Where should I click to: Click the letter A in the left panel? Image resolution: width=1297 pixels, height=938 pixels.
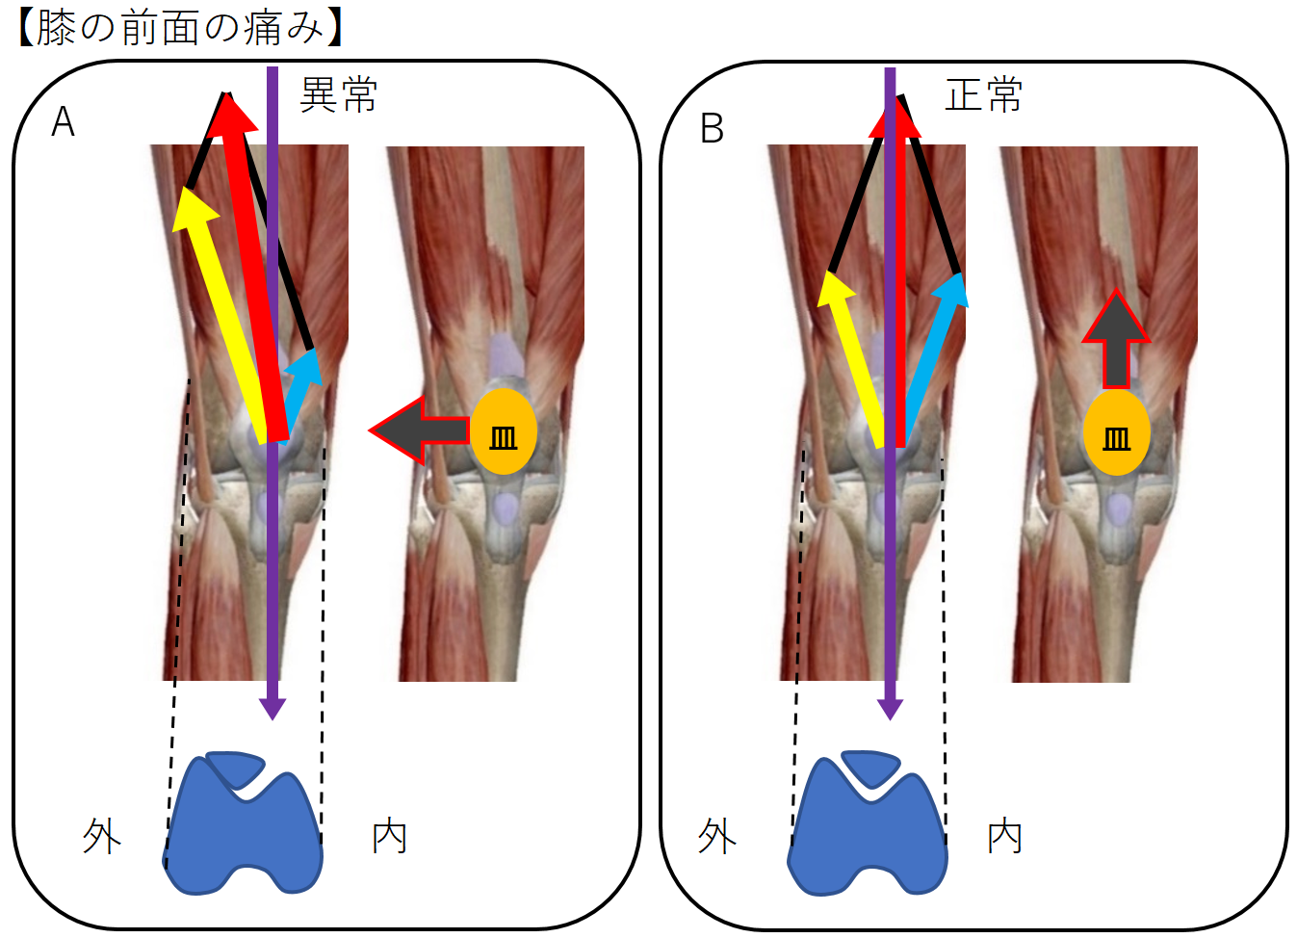click(x=63, y=122)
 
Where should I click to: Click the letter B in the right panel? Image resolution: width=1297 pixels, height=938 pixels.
click(x=712, y=128)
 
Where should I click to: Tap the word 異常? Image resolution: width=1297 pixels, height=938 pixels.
click(x=338, y=95)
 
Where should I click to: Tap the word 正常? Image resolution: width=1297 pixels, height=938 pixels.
click(x=983, y=95)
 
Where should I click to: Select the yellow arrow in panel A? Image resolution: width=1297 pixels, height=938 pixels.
click(x=220, y=308)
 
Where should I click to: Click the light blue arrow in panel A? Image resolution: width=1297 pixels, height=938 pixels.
click(x=301, y=389)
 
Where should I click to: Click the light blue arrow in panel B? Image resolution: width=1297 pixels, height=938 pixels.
click(x=932, y=356)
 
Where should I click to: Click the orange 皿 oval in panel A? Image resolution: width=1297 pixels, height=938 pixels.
click(x=503, y=431)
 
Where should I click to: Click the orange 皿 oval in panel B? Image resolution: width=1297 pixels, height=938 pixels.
click(x=1117, y=432)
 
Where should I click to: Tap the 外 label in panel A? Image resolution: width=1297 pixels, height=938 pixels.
click(x=102, y=836)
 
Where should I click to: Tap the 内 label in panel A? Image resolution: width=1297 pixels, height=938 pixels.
click(x=390, y=836)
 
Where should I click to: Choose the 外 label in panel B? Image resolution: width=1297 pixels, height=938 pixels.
click(x=717, y=836)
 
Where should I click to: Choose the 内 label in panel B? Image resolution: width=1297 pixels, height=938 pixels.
click(x=1005, y=836)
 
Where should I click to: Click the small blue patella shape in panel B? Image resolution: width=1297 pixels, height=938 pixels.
click(x=871, y=767)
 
